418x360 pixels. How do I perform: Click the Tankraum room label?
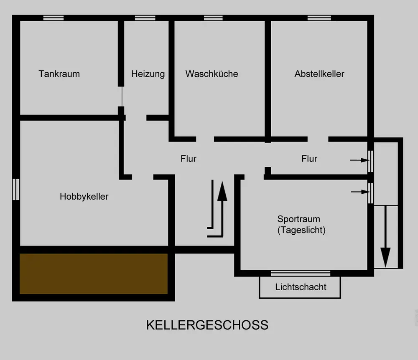59,74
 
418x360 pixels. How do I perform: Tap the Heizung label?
148,74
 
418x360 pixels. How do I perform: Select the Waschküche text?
212,74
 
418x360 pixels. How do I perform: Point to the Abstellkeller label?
319,74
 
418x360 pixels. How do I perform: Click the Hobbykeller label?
84,196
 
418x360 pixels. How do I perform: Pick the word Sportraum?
299,219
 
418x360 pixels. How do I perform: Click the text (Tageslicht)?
301,230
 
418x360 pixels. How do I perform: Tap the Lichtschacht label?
301,287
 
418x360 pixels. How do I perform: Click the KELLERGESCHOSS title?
207,325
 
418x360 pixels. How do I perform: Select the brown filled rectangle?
94,274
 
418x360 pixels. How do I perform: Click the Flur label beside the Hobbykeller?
189,159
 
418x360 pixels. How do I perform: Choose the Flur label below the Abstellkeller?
309,159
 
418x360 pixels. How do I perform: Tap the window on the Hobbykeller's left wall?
16,189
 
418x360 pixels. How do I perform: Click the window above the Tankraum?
54,18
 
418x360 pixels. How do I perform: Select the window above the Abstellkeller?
319,18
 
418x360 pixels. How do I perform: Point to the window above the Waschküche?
213,18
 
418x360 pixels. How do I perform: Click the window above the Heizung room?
145,18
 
